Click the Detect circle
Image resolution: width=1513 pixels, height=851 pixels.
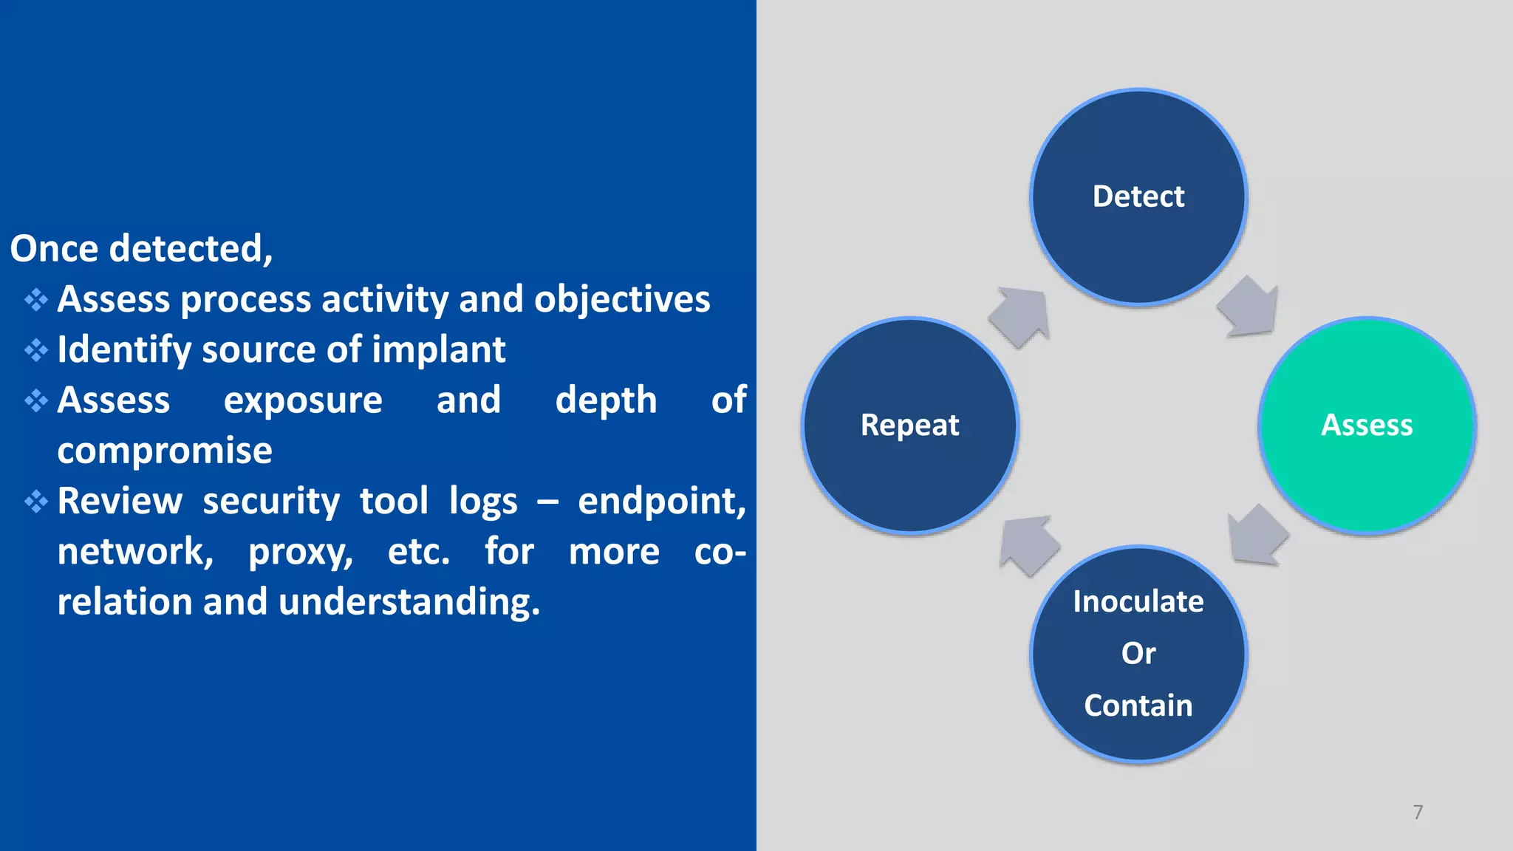point(1138,196)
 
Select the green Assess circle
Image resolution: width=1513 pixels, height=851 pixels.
point(1367,425)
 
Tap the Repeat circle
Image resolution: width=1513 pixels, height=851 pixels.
point(910,425)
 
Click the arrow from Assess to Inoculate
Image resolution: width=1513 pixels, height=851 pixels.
point(1256,536)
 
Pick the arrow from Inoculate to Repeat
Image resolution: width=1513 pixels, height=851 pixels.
point(1028,545)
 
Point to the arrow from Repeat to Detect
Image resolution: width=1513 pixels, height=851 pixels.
point(1020,316)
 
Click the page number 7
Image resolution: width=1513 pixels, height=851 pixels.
point(1418,812)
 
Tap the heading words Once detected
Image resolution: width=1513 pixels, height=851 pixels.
point(141,248)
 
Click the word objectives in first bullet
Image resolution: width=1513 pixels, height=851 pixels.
point(621,299)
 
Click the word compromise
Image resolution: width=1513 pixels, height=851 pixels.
point(165,451)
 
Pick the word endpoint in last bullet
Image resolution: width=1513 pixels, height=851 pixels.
point(661,501)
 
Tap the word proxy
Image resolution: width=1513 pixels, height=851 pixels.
point(301,553)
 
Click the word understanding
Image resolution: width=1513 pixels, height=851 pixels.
point(409,601)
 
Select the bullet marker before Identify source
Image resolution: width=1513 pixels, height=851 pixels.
point(35,350)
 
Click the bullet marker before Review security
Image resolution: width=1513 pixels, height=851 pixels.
point(35,502)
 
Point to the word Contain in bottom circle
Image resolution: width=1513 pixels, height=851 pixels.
point(1138,705)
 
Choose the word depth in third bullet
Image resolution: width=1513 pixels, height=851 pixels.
point(606,400)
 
